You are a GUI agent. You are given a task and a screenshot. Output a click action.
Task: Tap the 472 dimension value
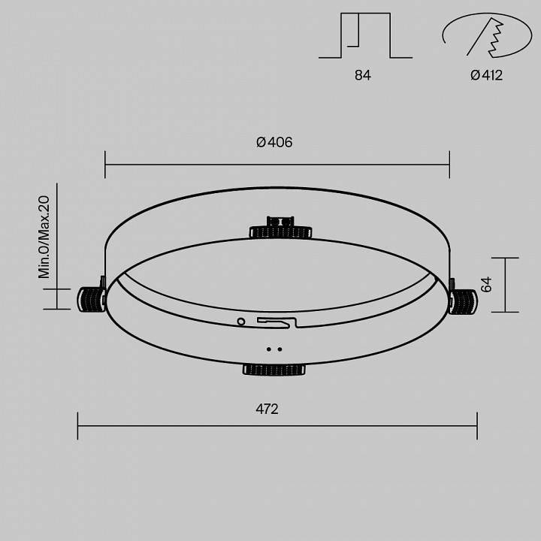[x=267, y=410]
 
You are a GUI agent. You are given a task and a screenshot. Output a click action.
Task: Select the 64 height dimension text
[x=486, y=285]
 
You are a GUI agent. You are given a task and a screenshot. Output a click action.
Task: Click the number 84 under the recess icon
[x=362, y=75]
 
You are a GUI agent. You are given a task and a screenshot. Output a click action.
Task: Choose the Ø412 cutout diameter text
[x=486, y=75]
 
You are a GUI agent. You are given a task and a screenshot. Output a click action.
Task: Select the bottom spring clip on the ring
[x=274, y=369]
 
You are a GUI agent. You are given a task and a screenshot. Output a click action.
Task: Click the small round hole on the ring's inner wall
[x=240, y=321]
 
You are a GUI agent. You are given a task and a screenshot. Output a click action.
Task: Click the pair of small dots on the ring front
[x=274, y=349]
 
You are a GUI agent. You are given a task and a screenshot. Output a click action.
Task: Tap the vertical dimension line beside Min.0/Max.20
[x=57, y=248]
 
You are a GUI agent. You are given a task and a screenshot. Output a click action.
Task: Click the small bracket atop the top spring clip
[x=280, y=221]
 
